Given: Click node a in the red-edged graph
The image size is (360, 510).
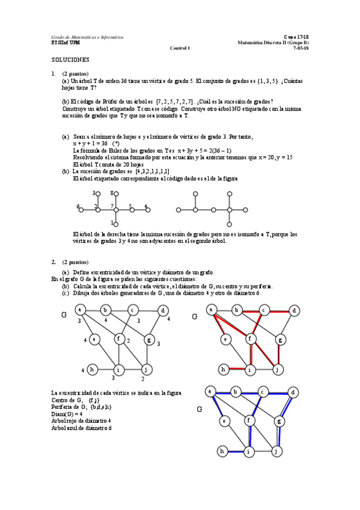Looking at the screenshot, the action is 211,310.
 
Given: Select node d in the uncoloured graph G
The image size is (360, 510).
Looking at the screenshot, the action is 162,310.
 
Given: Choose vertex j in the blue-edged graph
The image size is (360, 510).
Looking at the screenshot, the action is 276,450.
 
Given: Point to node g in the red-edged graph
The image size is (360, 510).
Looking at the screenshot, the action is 279,340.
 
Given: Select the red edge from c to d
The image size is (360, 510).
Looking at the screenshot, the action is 279,310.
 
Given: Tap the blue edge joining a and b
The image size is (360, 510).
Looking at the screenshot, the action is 225,393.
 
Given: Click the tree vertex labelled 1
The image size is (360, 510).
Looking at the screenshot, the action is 116,224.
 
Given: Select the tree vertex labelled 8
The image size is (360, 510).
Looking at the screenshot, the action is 116,194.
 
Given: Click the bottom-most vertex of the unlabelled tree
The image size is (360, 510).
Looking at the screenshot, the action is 230,224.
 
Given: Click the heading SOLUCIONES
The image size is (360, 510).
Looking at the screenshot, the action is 70,60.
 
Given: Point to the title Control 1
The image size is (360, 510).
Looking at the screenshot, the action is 180,48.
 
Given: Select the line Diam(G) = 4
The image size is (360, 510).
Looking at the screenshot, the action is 67,414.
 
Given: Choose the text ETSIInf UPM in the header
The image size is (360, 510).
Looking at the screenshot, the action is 64,43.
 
